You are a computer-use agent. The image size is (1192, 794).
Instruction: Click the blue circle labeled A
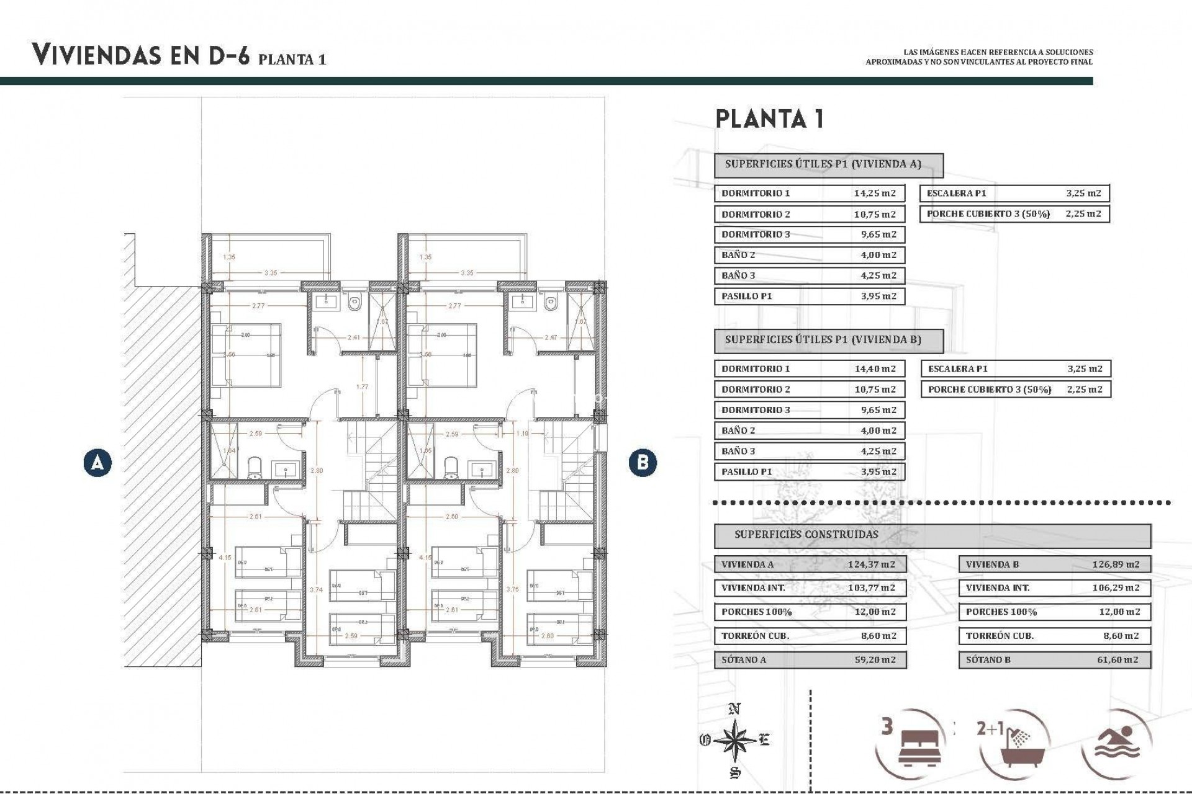coord(97,463)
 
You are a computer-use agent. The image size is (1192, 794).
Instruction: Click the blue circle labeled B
coord(642,463)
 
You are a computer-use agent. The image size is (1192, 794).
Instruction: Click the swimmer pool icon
coord(1124,742)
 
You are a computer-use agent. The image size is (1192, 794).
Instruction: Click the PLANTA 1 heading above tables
coord(770,118)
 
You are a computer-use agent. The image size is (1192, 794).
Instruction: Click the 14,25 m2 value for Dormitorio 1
coord(875,193)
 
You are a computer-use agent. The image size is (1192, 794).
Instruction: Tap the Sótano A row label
coord(744,660)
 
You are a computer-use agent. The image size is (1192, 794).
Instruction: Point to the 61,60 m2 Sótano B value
coord(1117,660)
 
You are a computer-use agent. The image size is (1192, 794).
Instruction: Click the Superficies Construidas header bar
coord(931,535)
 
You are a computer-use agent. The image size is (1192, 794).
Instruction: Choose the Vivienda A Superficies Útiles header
coord(828,165)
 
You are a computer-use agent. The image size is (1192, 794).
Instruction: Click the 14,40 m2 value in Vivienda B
coord(875,368)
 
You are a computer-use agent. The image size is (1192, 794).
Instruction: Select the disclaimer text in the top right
coord(979,57)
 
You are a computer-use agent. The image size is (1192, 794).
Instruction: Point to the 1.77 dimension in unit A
coord(363,387)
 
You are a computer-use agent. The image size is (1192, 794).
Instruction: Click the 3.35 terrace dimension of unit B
coord(467,273)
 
